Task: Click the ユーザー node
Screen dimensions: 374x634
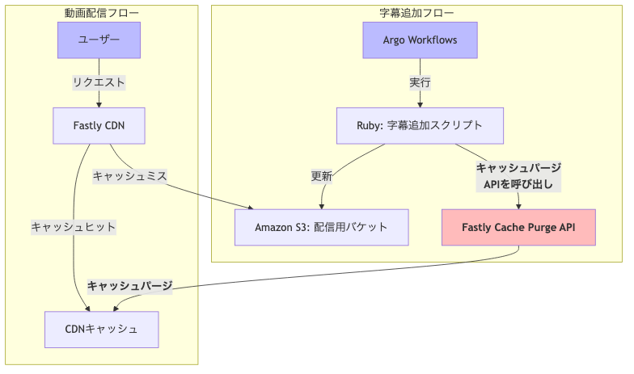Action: click(99, 40)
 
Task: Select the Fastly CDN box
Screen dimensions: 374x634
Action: click(99, 125)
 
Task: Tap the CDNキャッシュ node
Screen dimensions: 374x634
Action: click(101, 329)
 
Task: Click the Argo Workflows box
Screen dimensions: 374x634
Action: click(420, 40)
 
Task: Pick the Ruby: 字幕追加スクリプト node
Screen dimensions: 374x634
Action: click(420, 125)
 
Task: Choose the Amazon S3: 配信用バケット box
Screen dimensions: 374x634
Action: click(321, 227)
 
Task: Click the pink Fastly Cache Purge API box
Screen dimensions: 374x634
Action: click(518, 227)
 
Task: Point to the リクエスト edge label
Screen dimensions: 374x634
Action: click(99, 82)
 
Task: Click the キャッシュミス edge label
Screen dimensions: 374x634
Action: click(129, 176)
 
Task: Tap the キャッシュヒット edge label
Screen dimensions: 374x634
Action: click(74, 227)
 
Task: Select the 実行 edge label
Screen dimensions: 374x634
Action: click(420, 82)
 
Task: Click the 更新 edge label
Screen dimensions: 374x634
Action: click(322, 176)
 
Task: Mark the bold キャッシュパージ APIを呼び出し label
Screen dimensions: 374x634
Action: click(518, 176)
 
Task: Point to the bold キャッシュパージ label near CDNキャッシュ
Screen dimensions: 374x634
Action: click(129, 286)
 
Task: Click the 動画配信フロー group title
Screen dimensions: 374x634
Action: click(101, 13)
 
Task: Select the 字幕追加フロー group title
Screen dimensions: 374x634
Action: click(416, 13)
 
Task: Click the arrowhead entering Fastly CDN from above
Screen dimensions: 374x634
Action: click(99, 103)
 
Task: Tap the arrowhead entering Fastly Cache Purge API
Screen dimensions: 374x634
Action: click(518, 206)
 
